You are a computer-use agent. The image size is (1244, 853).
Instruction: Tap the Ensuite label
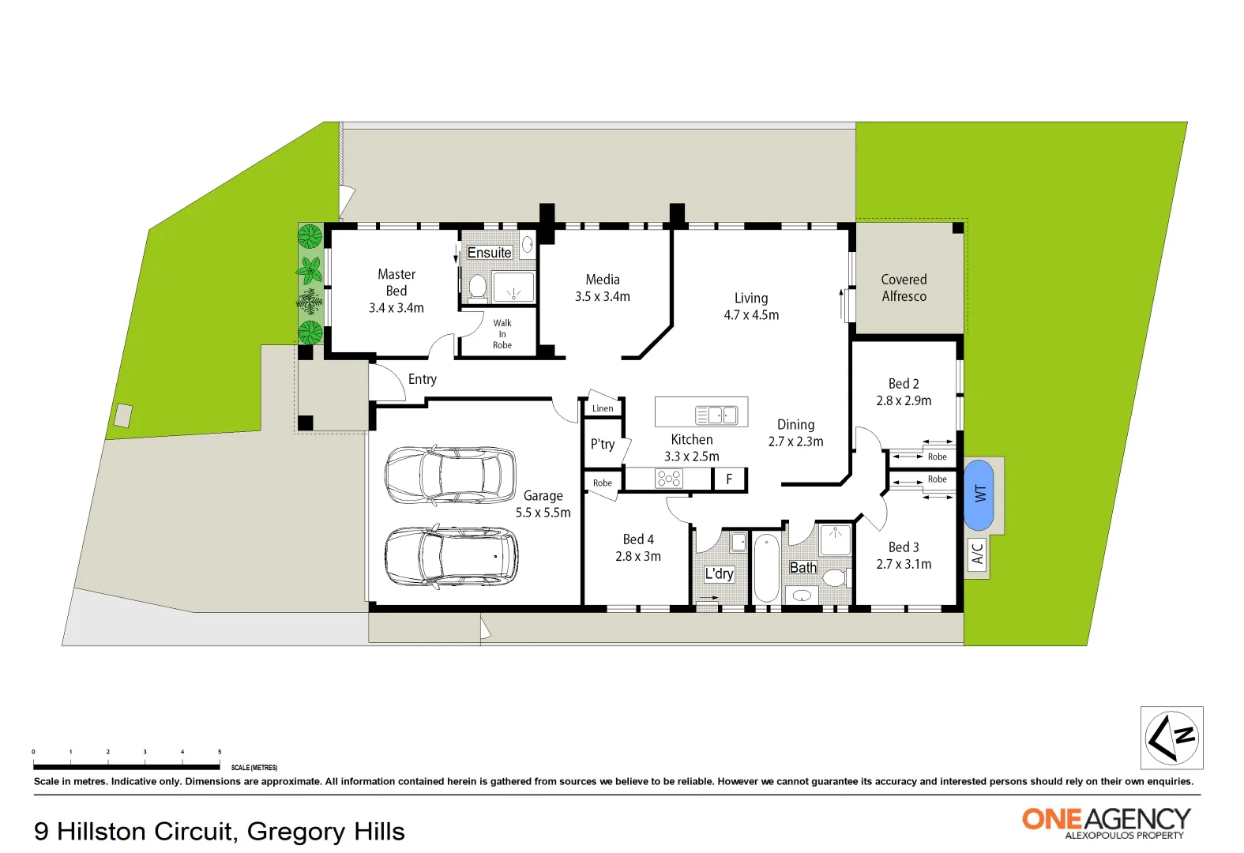tap(490, 253)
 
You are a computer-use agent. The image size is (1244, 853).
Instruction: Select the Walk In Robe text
tap(502, 334)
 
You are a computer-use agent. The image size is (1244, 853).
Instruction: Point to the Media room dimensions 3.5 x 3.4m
tap(603, 297)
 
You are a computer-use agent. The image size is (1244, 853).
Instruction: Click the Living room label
tap(751, 299)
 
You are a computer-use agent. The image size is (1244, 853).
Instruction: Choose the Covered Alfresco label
tap(904, 288)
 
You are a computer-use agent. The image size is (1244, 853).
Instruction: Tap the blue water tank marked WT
tap(979, 495)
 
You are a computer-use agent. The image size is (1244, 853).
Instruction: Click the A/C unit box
tap(977, 554)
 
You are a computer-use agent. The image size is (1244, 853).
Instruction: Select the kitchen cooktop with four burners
tap(669, 478)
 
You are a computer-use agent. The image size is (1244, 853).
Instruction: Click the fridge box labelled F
tap(729, 479)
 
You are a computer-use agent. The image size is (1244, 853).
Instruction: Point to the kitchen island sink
tap(716, 415)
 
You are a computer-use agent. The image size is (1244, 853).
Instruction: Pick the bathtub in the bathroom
tap(766, 567)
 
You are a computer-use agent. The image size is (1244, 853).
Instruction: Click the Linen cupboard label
tap(603, 408)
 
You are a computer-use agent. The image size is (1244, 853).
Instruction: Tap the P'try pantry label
tap(603, 444)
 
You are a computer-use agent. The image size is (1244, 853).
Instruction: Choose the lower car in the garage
tap(451, 556)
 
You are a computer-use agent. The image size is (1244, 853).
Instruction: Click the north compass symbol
tap(1171, 738)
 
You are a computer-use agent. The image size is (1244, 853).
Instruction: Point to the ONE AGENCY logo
tap(1106, 821)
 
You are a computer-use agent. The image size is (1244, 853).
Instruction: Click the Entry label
tap(423, 379)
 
